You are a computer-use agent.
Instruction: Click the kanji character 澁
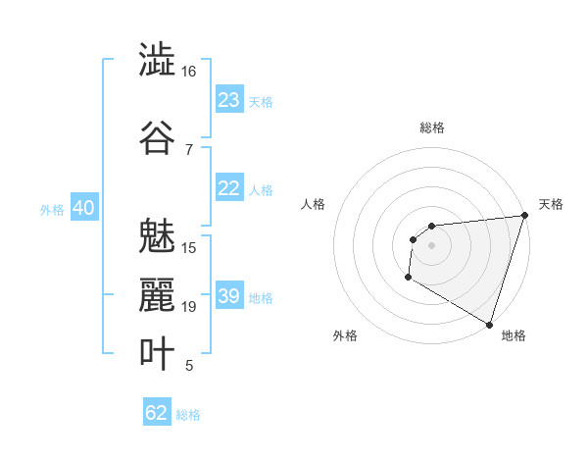click(x=157, y=60)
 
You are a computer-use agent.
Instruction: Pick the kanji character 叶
click(x=157, y=354)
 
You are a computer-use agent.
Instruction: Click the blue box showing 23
click(x=229, y=100)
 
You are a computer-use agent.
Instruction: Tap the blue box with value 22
click(x=229, y=189)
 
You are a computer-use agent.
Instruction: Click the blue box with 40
click(x=83, y=209)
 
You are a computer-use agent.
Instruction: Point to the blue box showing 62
click(x=157, y=413)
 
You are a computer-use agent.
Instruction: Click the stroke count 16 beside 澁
click(x=188, y=72)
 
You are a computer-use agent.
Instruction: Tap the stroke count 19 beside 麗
click(x=188, y=307)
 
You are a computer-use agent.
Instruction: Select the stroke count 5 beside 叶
click(x=188, y=366)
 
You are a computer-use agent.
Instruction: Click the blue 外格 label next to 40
click(x=51, y=210)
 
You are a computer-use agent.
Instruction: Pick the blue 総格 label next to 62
click(x=188, y=415)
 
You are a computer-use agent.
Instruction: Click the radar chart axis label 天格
click(x=552, y=204)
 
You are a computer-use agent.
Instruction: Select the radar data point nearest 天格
click(x=524, y=215)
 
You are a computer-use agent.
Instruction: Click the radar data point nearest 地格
click(x=489, y=325)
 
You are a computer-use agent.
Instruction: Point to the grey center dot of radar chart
click(x=431, y=245)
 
